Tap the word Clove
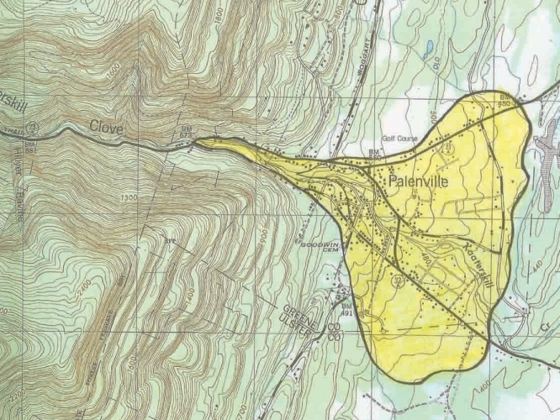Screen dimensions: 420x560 (x=107, y=128)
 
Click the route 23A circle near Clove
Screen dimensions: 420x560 (x=31, y=127)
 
